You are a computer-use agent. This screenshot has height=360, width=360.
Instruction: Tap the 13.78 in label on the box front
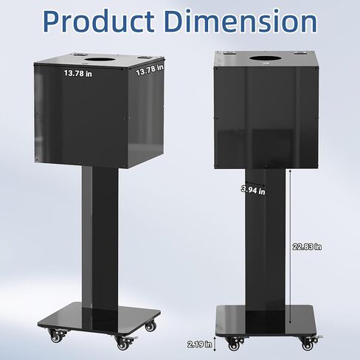(77, 73)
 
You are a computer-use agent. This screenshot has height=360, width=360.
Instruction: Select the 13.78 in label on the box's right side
(149, 70)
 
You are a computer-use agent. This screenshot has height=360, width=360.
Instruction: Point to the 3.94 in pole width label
(252, 190)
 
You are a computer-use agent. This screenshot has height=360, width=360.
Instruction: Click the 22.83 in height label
(307, 246)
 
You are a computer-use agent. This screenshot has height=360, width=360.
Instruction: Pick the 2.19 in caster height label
(200, 343)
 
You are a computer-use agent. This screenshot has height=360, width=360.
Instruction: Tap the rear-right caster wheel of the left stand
(150, 325)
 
